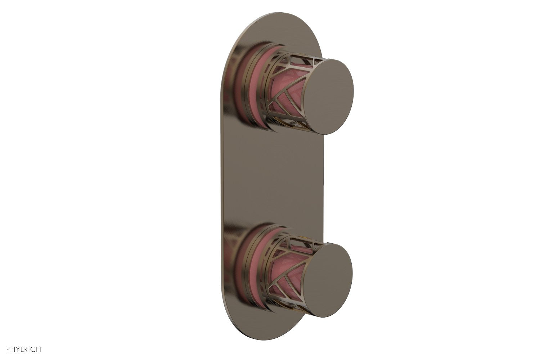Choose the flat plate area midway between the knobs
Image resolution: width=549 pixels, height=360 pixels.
tap(274, 180)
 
